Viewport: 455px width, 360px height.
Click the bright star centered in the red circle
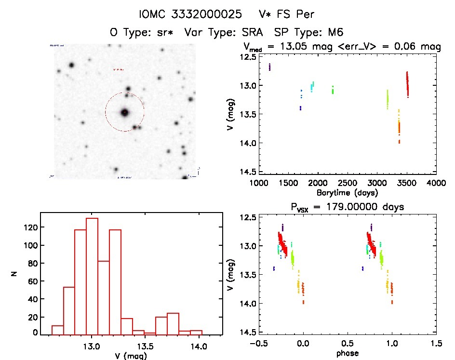pyautogui.click(x=125, y=112)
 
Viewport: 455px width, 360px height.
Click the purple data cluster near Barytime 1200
pyautogui.click(x=270, y=67)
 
